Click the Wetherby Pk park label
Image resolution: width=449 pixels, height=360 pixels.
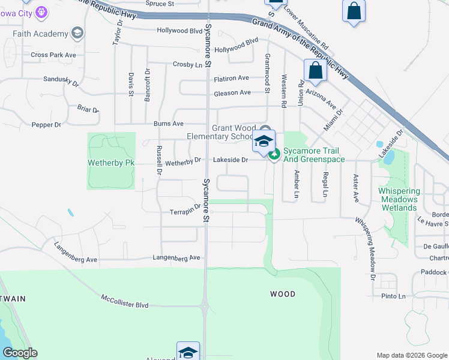[x=111, y=163]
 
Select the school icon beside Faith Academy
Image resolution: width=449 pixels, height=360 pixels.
[x=77, y=32]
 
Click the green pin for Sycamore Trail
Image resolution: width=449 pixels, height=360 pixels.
[x=274, y=155]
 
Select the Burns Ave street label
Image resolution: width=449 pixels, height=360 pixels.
[x=169, y=124]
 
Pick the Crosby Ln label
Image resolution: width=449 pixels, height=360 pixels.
[x=187, y=65]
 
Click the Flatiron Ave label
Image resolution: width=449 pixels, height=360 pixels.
[x=231, y=79]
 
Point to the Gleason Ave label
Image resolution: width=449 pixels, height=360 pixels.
[x=232, y=93]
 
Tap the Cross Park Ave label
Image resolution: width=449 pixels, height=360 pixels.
[x=53, y=55]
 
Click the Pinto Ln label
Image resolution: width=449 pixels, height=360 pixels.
[x=394, y=296]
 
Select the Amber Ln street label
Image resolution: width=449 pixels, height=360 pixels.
[x=297, y=184]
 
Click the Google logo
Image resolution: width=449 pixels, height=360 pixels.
[x=20, y=353]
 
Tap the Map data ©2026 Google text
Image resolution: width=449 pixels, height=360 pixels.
[x=412, y=355]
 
